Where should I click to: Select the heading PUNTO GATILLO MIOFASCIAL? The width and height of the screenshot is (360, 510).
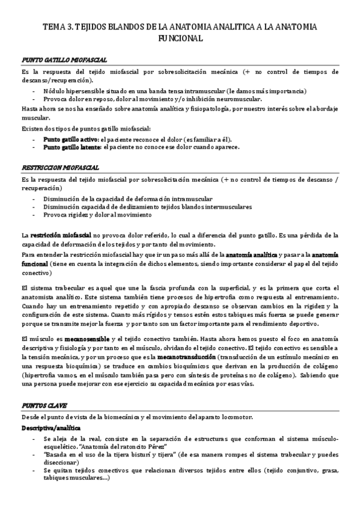point(64,61)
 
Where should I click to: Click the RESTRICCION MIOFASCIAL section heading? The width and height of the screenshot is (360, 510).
point(60,168)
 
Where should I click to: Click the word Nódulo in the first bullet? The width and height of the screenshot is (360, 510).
point(53,90)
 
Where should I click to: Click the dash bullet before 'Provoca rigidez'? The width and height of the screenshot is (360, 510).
point(34,215)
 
